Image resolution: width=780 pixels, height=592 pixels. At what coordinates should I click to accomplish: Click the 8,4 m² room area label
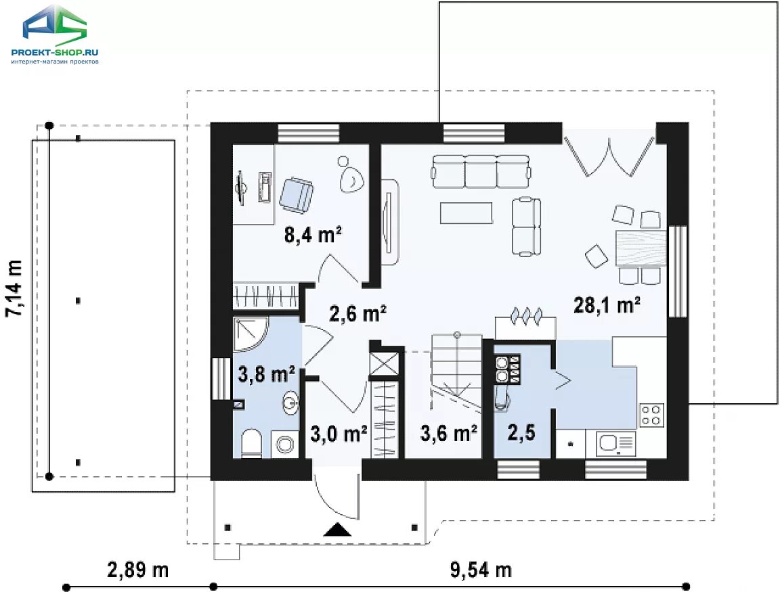(313, 234)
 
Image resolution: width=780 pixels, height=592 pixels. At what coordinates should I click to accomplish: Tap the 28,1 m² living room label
(607, 304)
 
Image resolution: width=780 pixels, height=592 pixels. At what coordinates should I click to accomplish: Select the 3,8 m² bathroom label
(267, 373)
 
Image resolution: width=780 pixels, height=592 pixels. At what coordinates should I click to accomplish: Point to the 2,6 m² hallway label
(358, 313)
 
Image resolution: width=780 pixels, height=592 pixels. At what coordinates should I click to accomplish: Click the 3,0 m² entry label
(339, 434)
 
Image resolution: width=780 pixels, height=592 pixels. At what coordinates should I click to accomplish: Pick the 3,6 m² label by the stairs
(449, 433)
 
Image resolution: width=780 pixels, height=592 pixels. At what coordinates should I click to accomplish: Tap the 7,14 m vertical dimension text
(14, 288)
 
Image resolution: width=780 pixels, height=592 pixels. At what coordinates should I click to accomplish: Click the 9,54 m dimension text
(481, 570)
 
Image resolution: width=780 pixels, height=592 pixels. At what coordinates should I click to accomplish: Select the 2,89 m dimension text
(138, 570)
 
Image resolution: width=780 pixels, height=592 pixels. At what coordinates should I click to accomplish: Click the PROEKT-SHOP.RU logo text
(55, 52)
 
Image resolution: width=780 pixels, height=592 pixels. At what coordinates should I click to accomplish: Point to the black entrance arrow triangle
(338, 530)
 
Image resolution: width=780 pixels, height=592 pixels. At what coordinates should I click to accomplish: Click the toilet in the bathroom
(252, 443)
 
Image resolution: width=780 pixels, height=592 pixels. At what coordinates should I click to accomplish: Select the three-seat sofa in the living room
(481, 171)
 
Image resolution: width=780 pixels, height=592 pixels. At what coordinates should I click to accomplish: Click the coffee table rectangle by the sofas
(467, 212)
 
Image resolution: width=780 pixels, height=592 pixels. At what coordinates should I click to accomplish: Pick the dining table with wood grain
(641, 248)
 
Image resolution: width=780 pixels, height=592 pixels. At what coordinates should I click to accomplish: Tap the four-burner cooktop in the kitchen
(651, 415)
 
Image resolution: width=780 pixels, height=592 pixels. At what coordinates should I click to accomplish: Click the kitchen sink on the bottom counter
(616, 443)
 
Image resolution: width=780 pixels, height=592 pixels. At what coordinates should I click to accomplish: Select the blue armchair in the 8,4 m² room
(297, 196)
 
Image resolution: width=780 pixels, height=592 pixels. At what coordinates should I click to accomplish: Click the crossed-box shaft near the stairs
(384, 364)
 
